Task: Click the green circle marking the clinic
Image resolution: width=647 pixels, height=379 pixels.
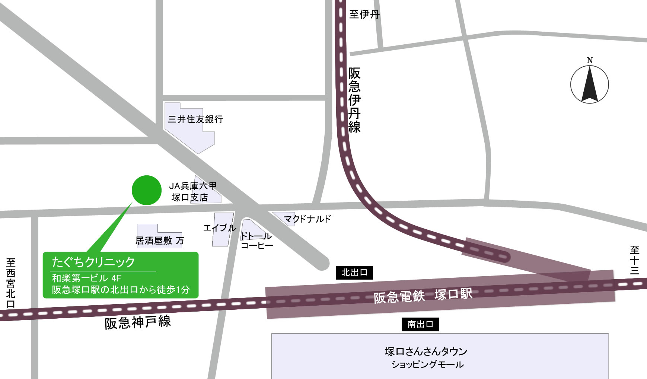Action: [147, 190]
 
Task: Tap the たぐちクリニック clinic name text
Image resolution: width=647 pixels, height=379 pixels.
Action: [93, 262]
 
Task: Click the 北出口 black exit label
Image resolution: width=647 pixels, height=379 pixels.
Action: [354, 273]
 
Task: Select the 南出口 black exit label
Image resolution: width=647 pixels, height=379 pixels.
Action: [420, 324]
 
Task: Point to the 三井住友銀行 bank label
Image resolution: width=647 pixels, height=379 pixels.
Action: [195, 119]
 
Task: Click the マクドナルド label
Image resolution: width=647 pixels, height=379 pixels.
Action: [307, 219]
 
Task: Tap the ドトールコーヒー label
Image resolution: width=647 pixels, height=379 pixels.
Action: [256, 241]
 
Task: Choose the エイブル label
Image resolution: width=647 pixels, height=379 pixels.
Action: [220, 228]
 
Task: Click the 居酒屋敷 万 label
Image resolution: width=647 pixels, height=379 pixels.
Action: [160, 241]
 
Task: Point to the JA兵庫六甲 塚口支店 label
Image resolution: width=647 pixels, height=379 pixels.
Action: [192, 191]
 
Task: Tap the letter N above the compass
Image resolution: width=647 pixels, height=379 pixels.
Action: [590, 60]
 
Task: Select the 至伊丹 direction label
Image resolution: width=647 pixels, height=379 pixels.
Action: [364, 15]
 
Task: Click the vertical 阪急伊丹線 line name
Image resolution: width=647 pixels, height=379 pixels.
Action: [354, 100]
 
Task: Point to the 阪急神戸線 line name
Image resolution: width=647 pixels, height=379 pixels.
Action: [137, 322]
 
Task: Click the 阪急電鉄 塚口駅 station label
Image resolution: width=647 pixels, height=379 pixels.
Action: [423, 295]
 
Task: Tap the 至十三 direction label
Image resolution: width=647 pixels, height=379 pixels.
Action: [635, 260]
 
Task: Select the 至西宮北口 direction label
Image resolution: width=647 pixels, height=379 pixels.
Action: [11, 283]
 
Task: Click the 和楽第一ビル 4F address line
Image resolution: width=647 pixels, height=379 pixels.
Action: [87, 278]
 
